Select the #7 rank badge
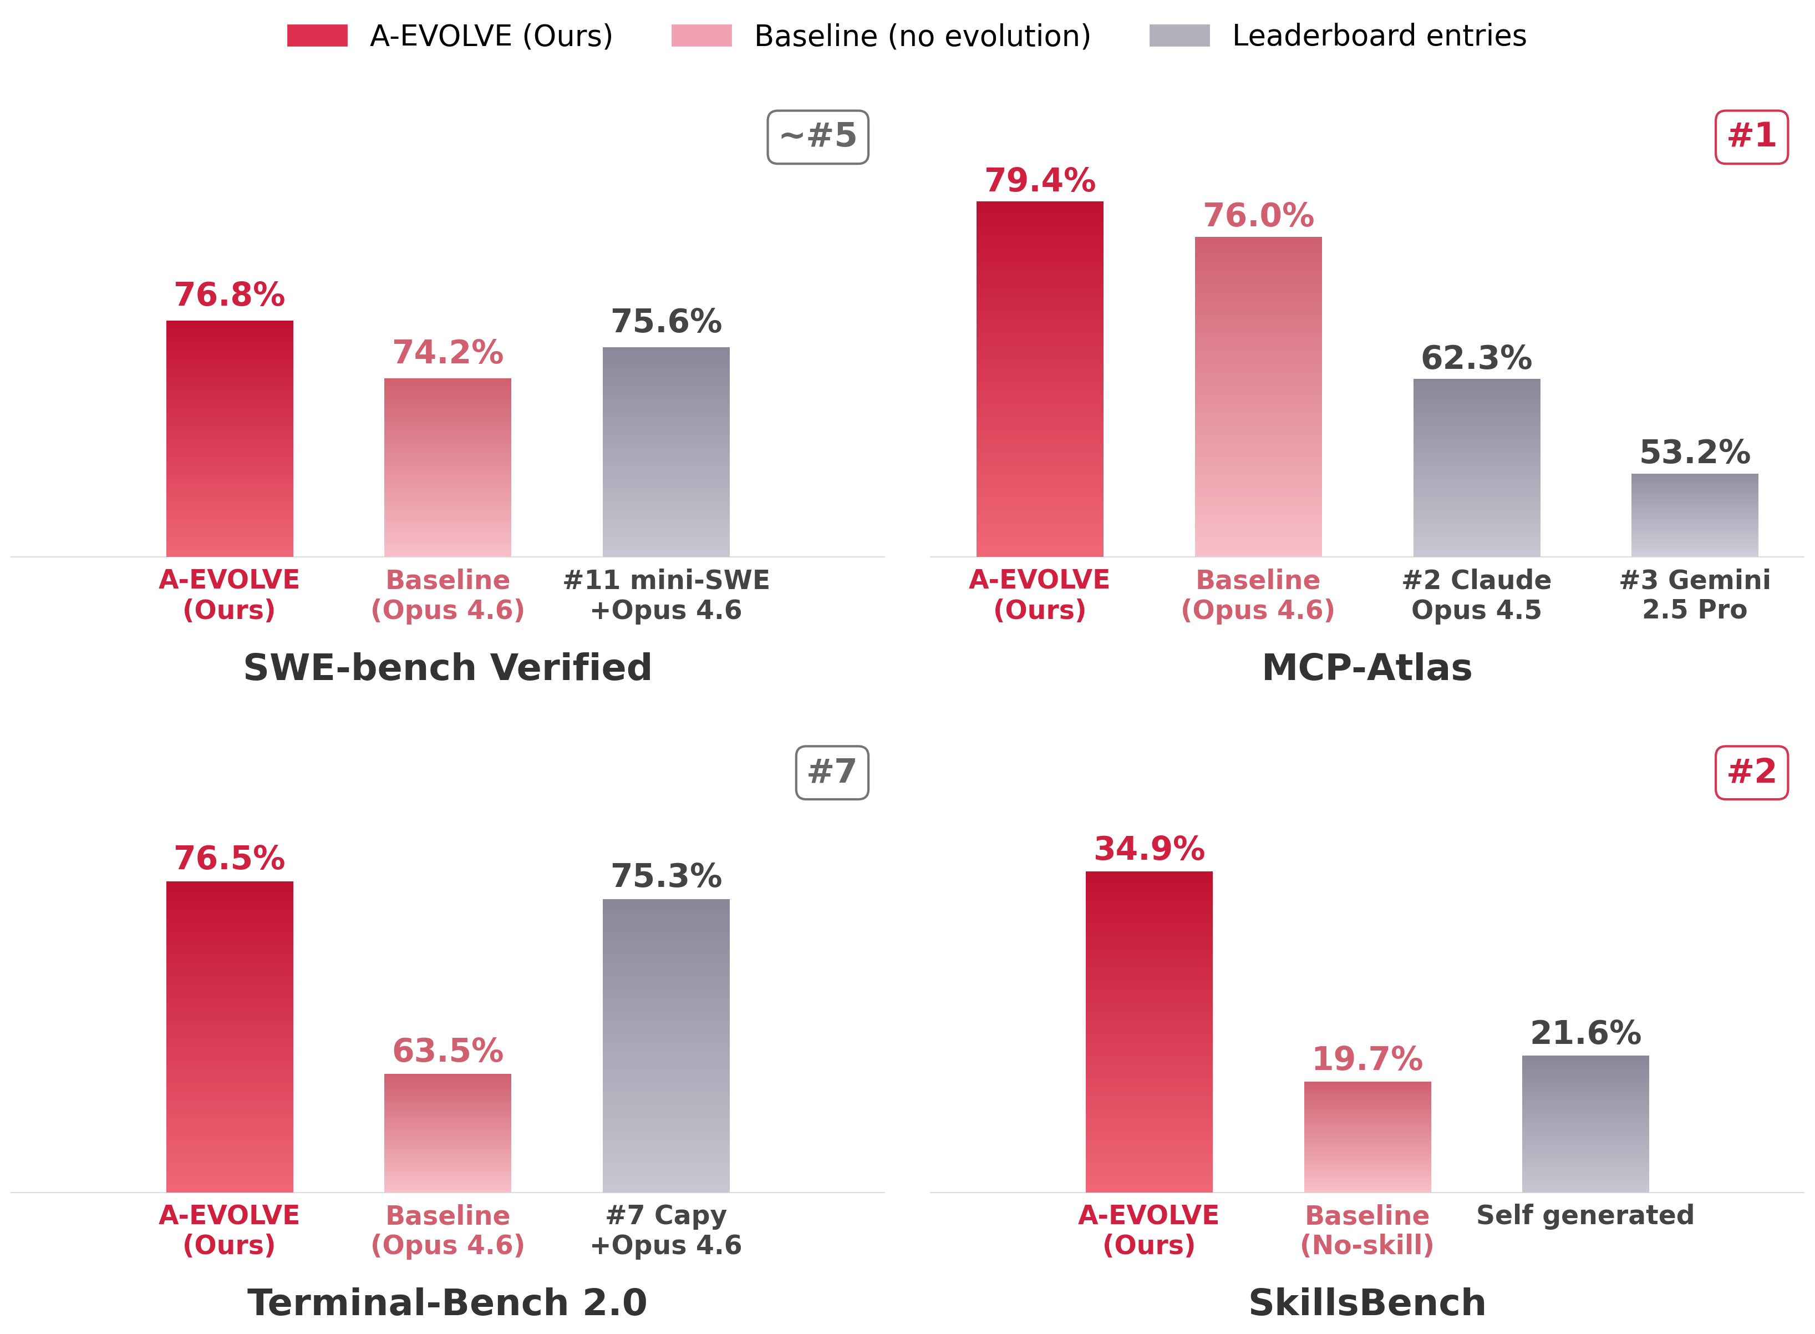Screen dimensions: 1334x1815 coord(832,773)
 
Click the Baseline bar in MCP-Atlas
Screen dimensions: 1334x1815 coord(1258,397)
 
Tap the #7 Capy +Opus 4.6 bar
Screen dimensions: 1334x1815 coord(666,1046)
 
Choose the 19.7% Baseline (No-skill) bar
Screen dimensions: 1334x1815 coord(1367,1137)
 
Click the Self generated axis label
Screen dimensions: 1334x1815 coord(1585,1215)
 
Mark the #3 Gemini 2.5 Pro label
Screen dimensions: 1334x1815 coord(1694,595)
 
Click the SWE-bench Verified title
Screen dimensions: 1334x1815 coord(448,668)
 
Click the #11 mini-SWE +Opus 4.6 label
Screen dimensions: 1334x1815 coord(666,595)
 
